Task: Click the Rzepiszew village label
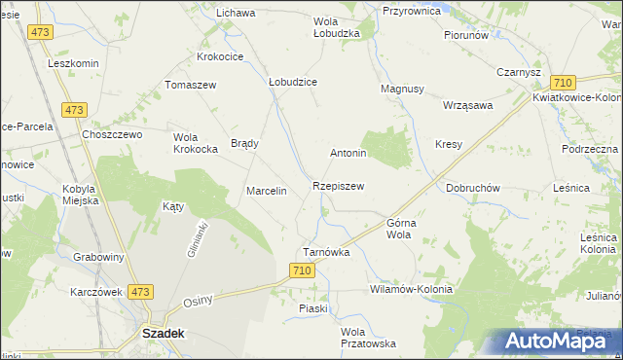point(339,186)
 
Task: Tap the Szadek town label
point(164,332)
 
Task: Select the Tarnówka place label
point(326,252)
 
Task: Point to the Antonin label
point(348,154)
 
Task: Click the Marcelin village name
point(266,191)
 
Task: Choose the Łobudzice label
point(293,83)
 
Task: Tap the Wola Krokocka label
point(195,144)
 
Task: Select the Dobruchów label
point(472,188)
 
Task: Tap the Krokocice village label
point(220,56)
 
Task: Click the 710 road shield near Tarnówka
point(302,271)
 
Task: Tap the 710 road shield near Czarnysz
point(562,84)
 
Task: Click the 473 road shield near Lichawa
point(40,32)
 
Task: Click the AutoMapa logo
point(549,341)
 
